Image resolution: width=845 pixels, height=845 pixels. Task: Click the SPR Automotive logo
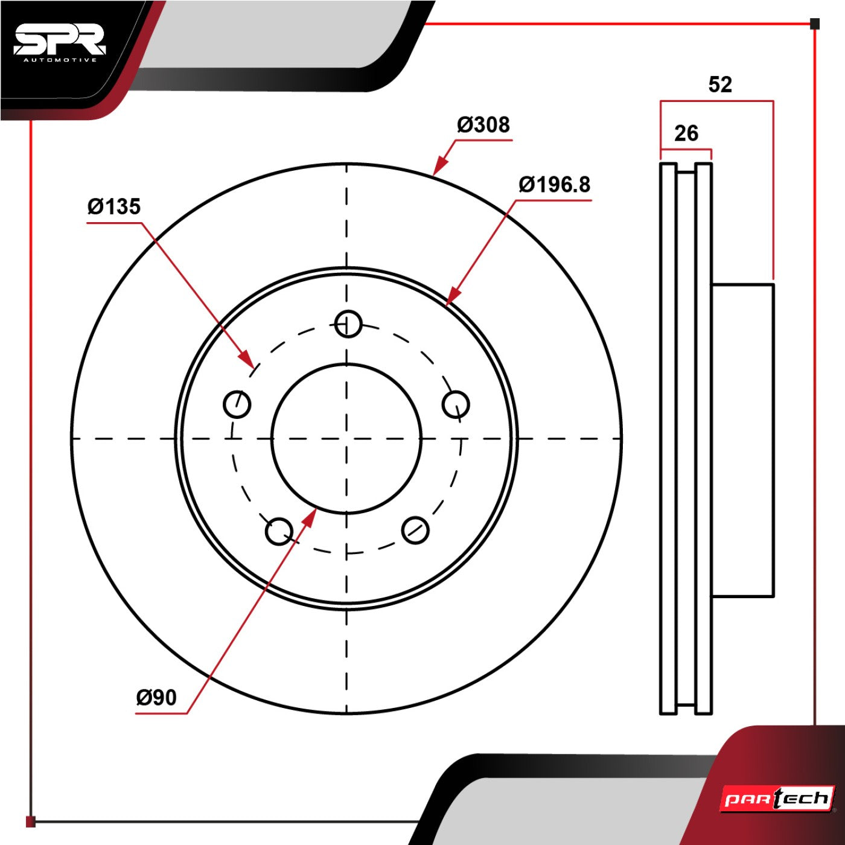point(60,44)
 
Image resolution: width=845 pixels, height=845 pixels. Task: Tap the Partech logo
point(777,799)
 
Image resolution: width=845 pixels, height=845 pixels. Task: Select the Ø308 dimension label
point(483,125)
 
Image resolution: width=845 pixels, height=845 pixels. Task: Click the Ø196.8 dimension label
point(554,185)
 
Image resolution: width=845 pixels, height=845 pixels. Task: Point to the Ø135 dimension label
point(114,206)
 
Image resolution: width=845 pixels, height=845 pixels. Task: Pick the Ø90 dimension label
point(156,697)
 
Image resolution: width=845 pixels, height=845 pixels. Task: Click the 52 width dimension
point(720,84)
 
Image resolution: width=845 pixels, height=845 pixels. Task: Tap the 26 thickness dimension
point(686,133)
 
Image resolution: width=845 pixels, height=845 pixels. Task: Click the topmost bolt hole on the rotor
point(348,324)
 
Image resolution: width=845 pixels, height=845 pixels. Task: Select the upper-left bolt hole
point(237,404)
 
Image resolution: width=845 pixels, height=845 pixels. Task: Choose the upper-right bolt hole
point(456,404)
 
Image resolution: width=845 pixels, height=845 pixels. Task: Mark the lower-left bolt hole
point(279,531)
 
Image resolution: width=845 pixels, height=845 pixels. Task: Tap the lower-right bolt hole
point(415,530)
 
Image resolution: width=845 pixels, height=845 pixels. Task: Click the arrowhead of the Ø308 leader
point(440,166)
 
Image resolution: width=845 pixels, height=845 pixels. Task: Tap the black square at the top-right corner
point(815,24)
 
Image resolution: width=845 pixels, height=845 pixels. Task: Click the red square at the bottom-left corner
point(30,821)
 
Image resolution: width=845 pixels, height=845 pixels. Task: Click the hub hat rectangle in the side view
point(742,440)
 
